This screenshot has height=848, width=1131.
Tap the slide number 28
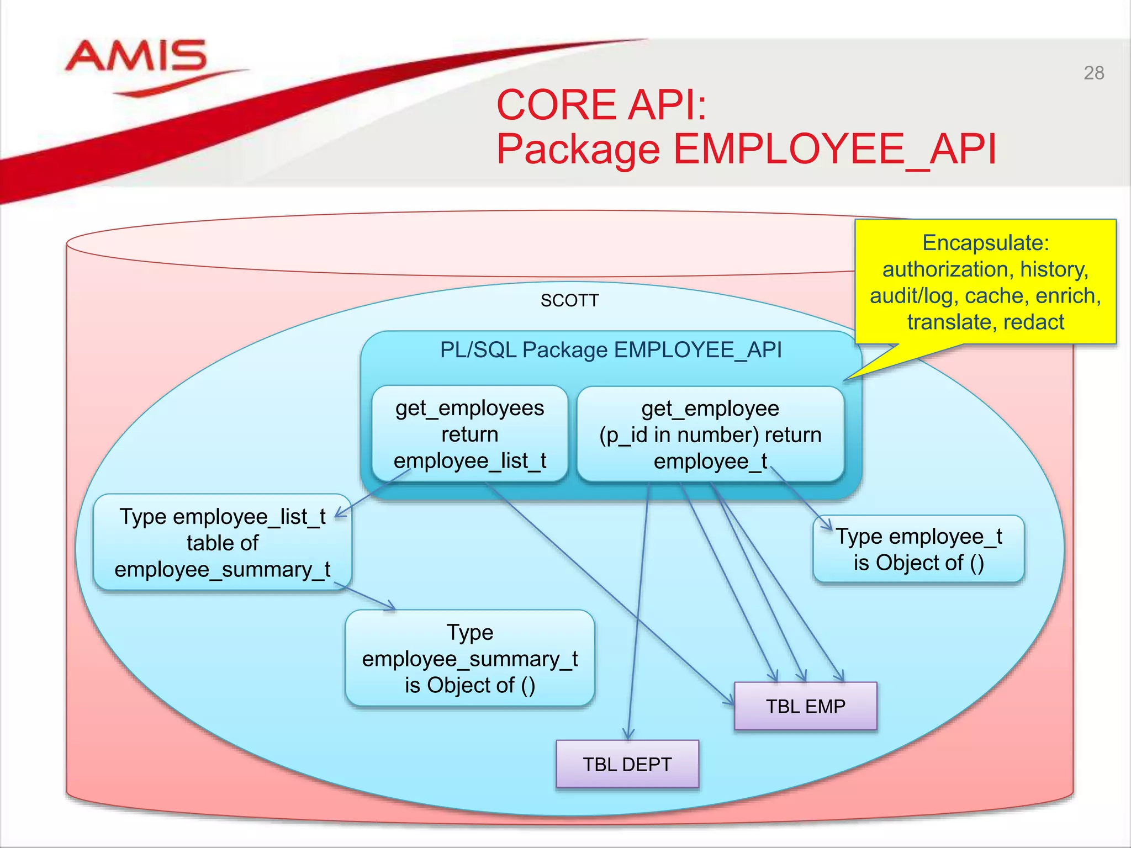pyautogui.click(x=1093, y=73)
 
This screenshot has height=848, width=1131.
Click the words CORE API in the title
pyautogui.click(x=601, y=105)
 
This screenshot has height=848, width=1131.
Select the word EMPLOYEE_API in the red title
pyautogui.click(x=834, y=149)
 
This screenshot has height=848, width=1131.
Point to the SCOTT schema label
pyautogui.click(x=569, y=301)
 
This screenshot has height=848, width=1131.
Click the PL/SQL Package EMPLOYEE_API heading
pyautogui.click(x=610, y=350)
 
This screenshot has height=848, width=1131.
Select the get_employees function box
pyautogui.click(x=469, y=434)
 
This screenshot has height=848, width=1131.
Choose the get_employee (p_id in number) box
pyautogui.click(x=710, y=434)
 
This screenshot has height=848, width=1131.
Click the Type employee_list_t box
pyautogui.click(x=222, y=543)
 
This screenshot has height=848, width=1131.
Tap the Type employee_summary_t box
pyautogui.click(x=469, y=658)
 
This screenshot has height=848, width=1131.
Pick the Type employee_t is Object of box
pyautogui.click(x=918, y=549)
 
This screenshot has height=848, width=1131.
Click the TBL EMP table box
pyautogui.click(x=805, y=706)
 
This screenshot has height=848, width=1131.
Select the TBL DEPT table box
pyautogui.click(x=627, y=764)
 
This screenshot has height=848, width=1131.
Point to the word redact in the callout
pyautogui.click(x=1033, y=322)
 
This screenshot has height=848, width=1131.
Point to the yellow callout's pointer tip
pyautogui.click(x=845, y=380)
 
